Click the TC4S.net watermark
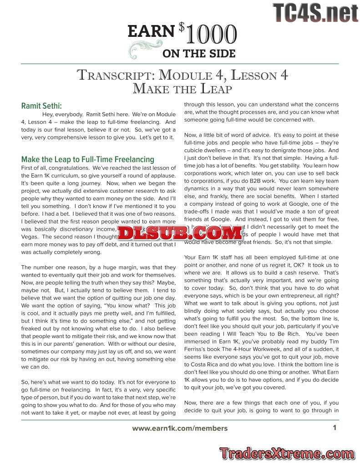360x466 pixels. pyautogui.click(x=315, y=13)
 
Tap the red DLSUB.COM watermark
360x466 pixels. pyautogui.click(x=180, y=233)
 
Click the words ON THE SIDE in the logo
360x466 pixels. pyautogui.click(x=199, y=54)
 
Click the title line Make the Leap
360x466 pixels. pyautogui.click(x=182, y=88)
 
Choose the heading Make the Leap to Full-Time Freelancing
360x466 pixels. pyautogui.click(x=88, y=159)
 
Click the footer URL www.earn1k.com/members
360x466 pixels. pyautogui.click(x=180, y=428)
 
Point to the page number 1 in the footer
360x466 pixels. pyautogui.click(x=335, y=427)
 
